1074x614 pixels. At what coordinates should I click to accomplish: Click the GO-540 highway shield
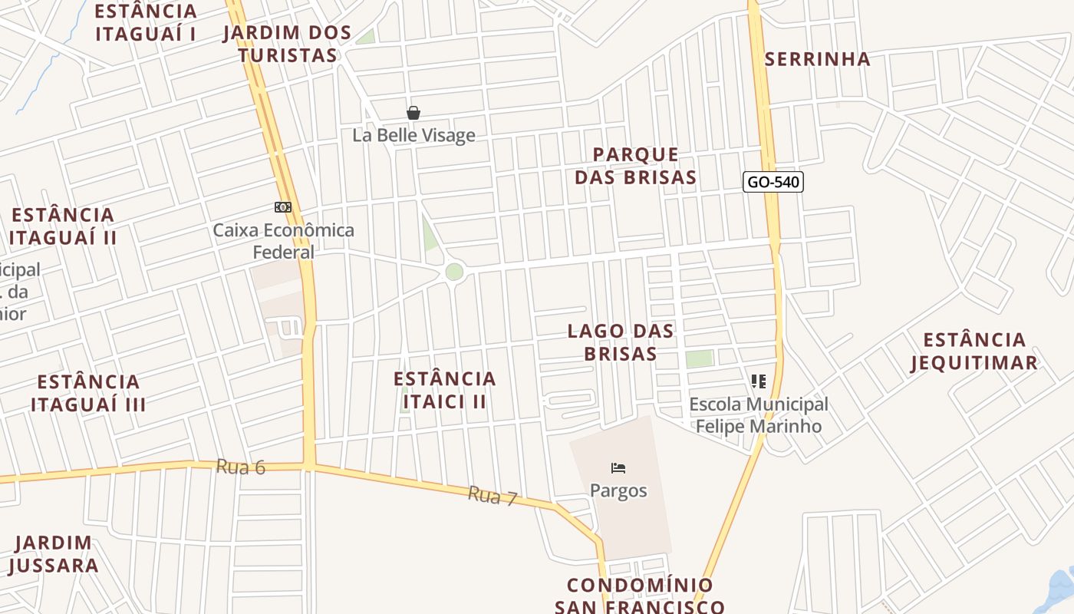point(773,183)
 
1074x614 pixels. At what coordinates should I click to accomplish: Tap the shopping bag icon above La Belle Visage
point(413,114)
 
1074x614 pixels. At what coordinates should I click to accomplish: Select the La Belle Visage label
point(413,136)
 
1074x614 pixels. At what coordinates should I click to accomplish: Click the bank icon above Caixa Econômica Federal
point(283,207)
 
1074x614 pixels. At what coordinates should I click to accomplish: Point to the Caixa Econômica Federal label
point(284,241)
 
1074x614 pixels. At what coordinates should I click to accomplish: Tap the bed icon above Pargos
point(618,468)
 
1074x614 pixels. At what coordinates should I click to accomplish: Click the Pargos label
point(618,490)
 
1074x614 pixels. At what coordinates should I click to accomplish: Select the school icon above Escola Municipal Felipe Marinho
point(759,381)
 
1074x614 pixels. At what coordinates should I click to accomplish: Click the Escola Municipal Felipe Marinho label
point(759,415)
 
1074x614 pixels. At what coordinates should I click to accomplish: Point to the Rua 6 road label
point(241,467)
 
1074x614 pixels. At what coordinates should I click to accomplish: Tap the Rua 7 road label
point(493,497)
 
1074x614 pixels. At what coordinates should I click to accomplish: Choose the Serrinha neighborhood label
point(818,59)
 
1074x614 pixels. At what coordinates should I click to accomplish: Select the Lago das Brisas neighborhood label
point(621,342)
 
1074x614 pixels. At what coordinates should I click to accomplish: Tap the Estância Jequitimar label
point(974,351)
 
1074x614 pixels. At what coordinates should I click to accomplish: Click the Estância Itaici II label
point(445,390)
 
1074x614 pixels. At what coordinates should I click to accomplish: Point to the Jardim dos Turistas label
point(287,44)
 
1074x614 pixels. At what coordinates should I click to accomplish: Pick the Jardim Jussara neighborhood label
point(54,554)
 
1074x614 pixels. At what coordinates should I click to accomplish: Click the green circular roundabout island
point(454,272)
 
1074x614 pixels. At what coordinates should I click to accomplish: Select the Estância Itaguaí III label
point(88,393)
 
